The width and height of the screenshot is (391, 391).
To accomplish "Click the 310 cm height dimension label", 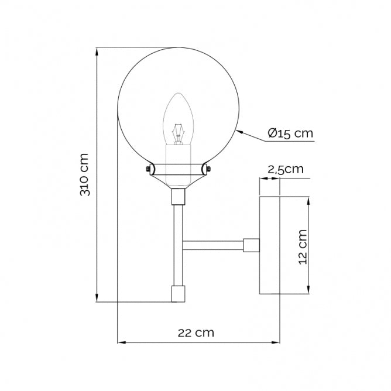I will tap(85, 174).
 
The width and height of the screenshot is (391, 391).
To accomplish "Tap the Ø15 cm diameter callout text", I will tap(290, 133).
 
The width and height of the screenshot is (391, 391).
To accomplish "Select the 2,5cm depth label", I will tap(285, 170).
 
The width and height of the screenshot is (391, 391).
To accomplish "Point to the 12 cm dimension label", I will tap(303, 246).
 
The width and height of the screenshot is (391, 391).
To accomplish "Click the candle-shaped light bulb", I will tap(179, 121).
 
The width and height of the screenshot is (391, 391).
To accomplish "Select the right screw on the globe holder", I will tap(206, 169).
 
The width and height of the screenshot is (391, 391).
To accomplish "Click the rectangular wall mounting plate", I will tap(270, 245).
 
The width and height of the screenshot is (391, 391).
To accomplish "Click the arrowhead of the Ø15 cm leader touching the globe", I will tap(240, 132).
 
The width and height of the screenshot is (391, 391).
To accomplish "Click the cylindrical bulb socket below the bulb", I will tap(179, 155).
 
